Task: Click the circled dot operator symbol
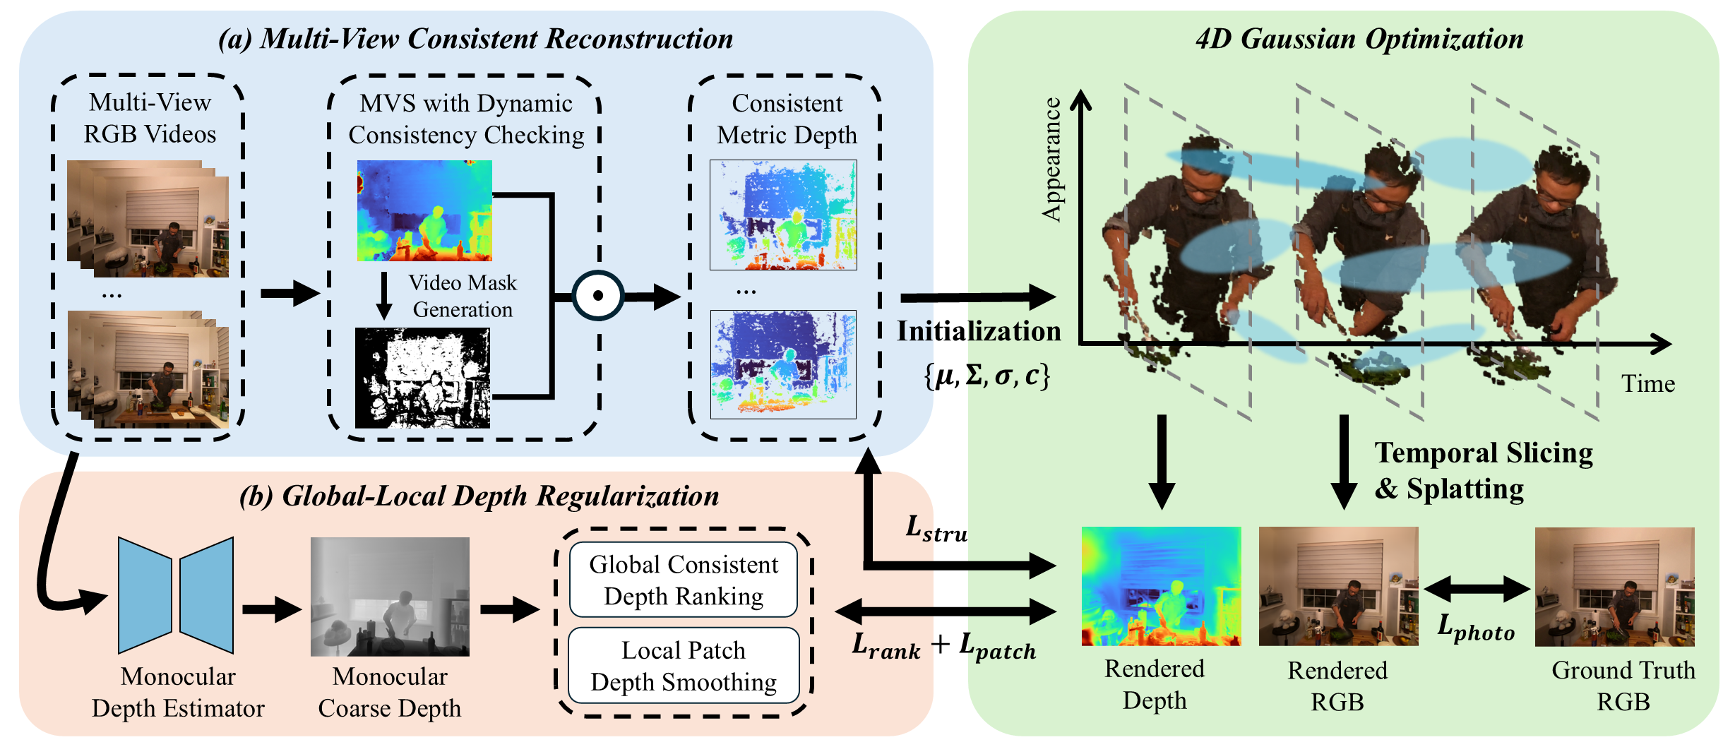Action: (x=597, y=295)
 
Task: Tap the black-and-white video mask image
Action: (x=422, y=378)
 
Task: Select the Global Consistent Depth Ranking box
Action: (x=684, y=580)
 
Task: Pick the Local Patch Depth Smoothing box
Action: (x=684, y=666)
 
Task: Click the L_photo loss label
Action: (x=1476, y=627)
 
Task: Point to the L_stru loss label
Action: (x=936, y=529)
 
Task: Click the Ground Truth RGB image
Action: (x=1614, y=587)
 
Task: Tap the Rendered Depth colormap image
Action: (x=1161, y=586)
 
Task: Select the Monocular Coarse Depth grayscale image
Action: (x=390, y=597)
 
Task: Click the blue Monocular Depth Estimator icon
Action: (x=176, y=594)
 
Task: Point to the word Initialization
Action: (x=979, y=331)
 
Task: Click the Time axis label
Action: (x=1647, y=384)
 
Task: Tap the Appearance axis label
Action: (x=1051, y=160)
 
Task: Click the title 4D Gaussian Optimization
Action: (x=1359, y=39)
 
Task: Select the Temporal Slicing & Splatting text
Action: (x=1483, y=470)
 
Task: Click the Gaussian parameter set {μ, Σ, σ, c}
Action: (x=986, y=375)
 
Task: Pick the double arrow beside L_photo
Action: (x=1477, y=588)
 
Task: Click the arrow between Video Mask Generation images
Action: (x=384, y=295)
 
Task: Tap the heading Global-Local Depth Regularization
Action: (x=479, y=496)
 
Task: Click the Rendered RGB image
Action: (x=1338, y=586)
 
